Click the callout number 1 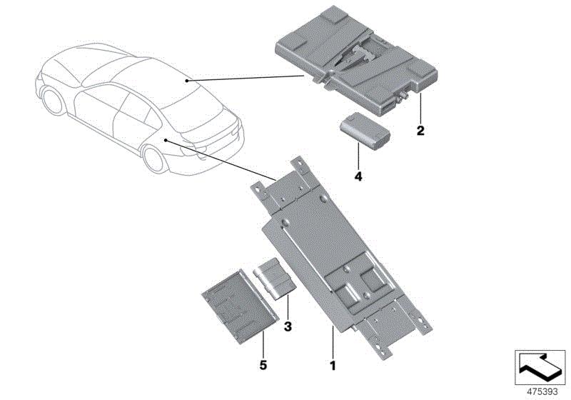point(332,366)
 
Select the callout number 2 point(420,131)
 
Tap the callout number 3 point(288,326)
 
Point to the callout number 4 point(358,176)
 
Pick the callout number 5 point(263,365)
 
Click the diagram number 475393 point(542,391)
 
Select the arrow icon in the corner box point(540,368)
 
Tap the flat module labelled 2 point(356,60)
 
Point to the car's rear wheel point(154,159)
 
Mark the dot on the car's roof point(186,81)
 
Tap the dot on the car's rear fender point(166,140)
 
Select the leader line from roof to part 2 point(245,78)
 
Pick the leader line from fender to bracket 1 point(221,160)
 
